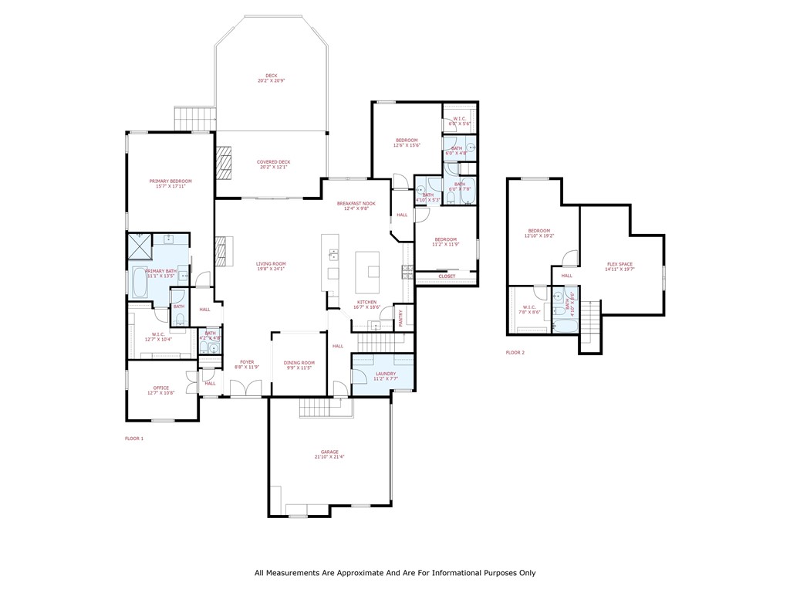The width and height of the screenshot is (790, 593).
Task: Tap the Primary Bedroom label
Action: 170,181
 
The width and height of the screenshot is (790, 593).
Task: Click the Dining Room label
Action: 299,362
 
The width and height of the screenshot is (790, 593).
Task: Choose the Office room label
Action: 160,388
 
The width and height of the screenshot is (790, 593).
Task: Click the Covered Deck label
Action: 273,162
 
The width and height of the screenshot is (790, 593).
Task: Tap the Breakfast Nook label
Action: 356,203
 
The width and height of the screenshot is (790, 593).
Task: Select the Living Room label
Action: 271,263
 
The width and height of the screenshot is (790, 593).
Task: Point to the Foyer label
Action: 246,361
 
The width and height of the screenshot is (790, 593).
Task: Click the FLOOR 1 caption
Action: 134,439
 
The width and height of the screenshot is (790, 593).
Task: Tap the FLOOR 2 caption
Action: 515,352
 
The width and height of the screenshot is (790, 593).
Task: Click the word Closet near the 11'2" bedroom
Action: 447,276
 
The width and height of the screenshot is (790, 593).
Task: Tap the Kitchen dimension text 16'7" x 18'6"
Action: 366,307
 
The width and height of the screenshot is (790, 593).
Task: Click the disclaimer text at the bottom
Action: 395,573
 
